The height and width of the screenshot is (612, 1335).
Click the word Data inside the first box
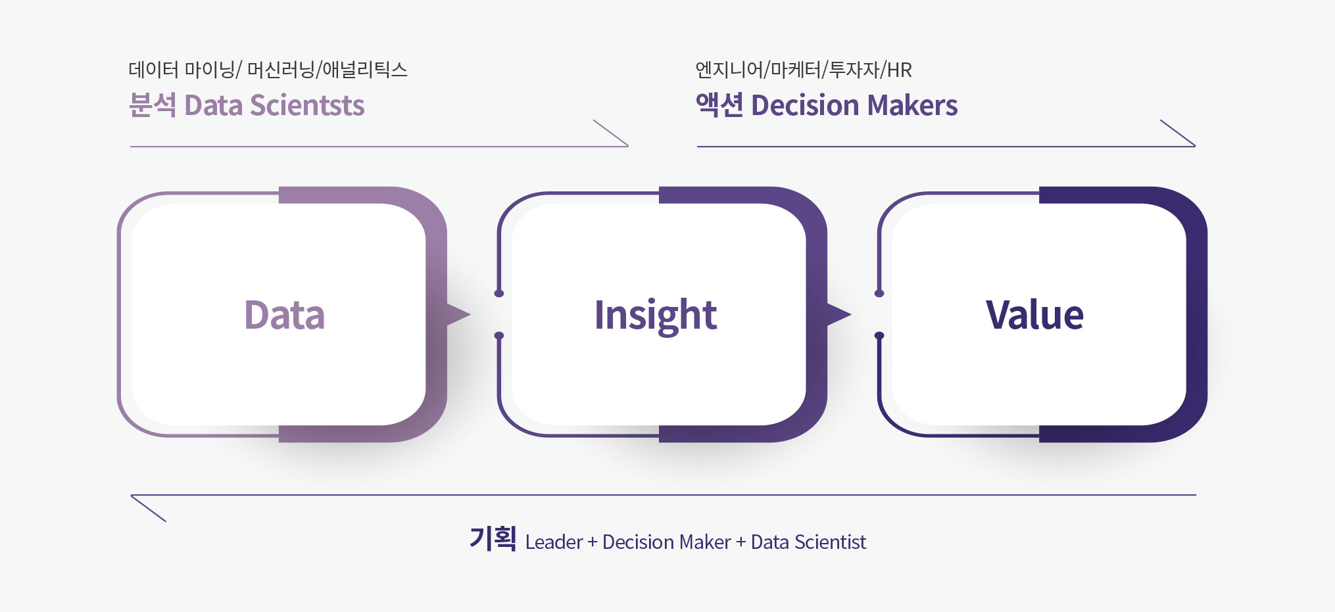pos(284,314)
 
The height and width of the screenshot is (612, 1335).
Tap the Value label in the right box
pos(1034,314)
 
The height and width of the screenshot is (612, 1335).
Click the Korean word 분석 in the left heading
pos(153,105)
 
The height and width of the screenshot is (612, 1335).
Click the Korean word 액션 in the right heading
pos(719,105)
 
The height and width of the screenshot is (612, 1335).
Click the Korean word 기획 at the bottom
pos(493,538)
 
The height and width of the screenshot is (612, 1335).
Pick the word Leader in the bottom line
pos(554,542)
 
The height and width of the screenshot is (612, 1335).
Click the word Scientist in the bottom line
pos(830,542)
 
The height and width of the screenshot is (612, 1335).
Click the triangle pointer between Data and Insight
pos(458,314)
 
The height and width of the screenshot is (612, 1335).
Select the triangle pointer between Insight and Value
pos(838,314)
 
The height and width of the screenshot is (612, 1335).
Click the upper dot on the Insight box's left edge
pos(499,293)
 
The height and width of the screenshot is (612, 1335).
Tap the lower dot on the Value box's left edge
pos(879,336)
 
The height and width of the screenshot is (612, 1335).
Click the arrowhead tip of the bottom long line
pos(131,495)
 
